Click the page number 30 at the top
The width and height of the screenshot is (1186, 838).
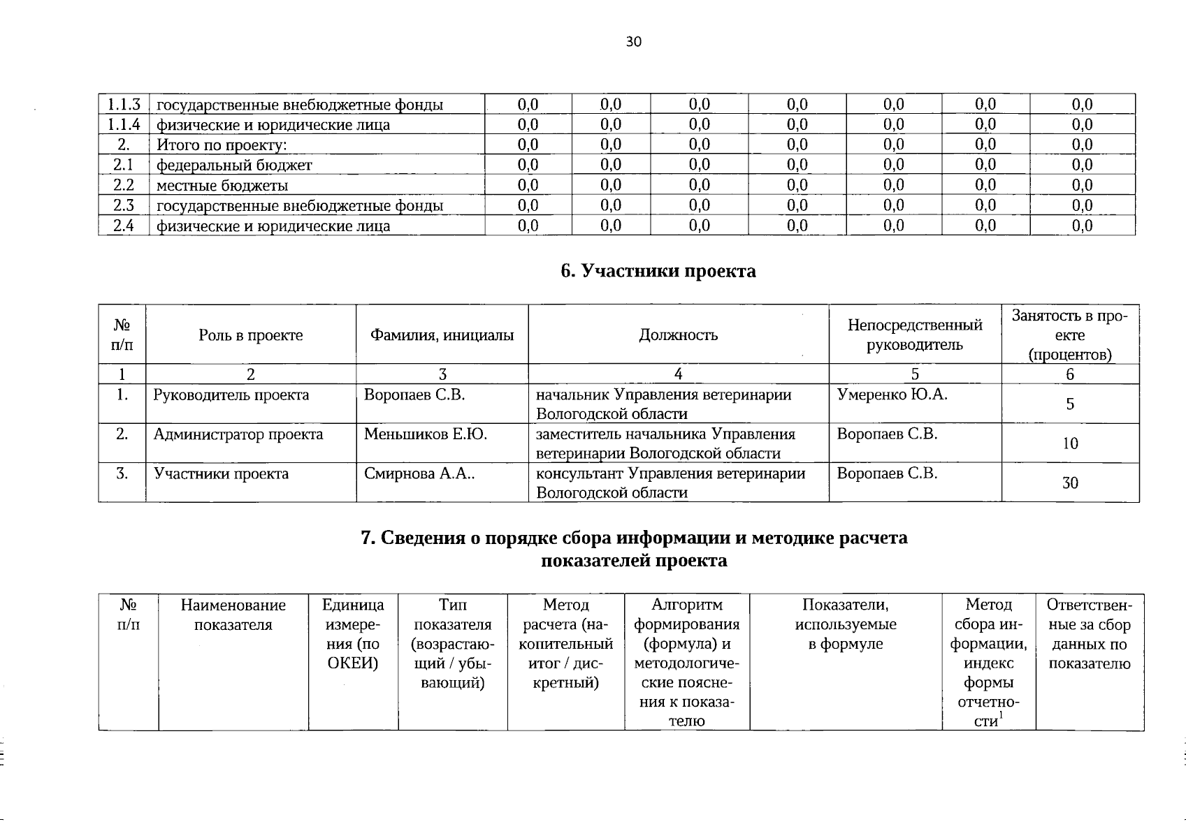click(633, 42)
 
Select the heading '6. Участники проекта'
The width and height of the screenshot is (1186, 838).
click(658, 271)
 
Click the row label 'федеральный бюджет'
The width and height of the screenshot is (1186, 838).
click(233, 166)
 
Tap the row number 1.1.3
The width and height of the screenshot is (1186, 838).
click(124, 105)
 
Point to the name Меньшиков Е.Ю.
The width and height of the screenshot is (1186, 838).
click(425, 434)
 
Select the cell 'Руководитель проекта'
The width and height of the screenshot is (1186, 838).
click(231, 395)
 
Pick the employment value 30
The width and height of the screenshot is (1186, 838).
click(1069, 483)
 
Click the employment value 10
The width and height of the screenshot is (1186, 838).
click(1069, 443)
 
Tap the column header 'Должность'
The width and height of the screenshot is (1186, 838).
click(678, 335)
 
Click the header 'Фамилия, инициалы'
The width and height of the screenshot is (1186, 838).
click(442, 335)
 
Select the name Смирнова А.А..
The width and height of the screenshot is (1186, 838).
click(418, 474)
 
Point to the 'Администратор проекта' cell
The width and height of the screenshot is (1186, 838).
click(238, 434)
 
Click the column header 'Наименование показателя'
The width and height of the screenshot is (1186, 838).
click(233, 615)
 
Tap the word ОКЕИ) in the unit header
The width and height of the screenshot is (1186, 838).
click(353, 663)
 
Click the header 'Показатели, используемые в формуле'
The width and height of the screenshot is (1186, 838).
click(846, 624)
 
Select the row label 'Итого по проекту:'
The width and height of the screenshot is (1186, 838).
click(222, 145)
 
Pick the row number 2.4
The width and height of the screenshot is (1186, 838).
click(124, 226)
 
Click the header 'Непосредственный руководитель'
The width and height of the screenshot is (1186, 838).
click(914, 335)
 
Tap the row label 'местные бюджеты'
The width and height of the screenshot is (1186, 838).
click(222, 186)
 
